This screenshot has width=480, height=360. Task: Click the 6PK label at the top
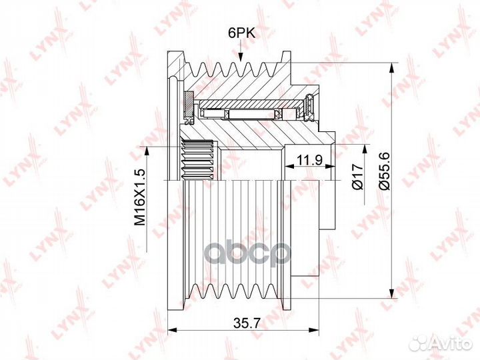click(241, 33)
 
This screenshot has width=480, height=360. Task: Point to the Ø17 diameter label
click(357, 176)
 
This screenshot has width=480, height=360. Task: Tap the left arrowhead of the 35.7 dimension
click(173, 330)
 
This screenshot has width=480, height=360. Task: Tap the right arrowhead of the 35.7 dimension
click(314, 330)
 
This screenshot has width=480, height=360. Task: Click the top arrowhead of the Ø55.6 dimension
click(391, 67)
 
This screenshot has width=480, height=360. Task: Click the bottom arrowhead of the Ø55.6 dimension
click(391, 293)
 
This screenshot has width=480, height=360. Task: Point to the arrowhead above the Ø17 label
click(364, 151)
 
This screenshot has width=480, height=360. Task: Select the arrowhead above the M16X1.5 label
click(147, 152)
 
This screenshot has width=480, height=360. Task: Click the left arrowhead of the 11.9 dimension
click(289, 167)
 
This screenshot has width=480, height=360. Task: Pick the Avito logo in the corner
click(441, 343)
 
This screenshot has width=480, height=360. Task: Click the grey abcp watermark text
click(247, 253)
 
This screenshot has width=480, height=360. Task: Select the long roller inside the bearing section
click(251, 114)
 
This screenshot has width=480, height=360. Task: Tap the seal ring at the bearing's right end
click(310, 108)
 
